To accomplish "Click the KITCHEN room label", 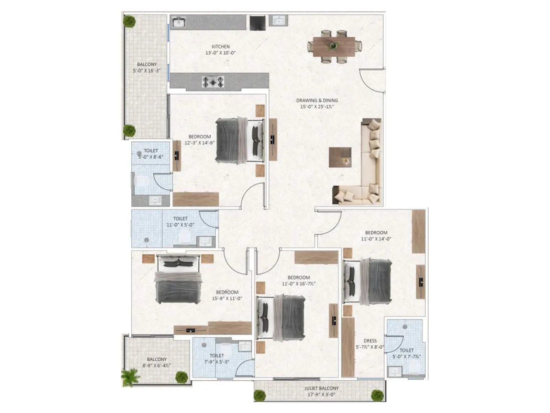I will pyautogui.click(x=220, y=46).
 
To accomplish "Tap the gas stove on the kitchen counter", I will pyautogui.click(x=213, y=82).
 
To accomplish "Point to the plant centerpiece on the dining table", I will pyautogui.click(x=333, y=45).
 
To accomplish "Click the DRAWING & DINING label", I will pyautogui.click(x=317, y=100).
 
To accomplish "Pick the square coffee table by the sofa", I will pyautogui.click(x=340, y=157).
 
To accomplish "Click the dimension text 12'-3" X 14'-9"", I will pyautogui.click(x=200, y=143).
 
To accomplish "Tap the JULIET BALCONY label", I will pyautogui.click(x=321, y=388).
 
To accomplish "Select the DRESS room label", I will pyautogui.click(x=370, y=341).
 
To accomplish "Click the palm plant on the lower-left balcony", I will pyautogui.click(x=130, y=377).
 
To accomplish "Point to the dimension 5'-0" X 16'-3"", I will pyautogui.click(x=147, y=71).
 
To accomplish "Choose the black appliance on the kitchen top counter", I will pyautogui.click(x=257, y=23).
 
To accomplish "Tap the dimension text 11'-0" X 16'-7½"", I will pyautogui.click(x=299, y=284).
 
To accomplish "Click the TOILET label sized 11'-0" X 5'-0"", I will pyautogui.click(x=180, y=219).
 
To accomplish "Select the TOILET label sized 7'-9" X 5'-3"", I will pyautogui.click(x=217, y=356).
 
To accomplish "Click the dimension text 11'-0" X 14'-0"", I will pyautogui.click(x=376, y=239).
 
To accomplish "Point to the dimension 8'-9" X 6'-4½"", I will pyautogui.click(x=157, y=366).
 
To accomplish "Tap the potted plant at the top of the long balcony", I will pyautogui.click(x=130, y=21).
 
